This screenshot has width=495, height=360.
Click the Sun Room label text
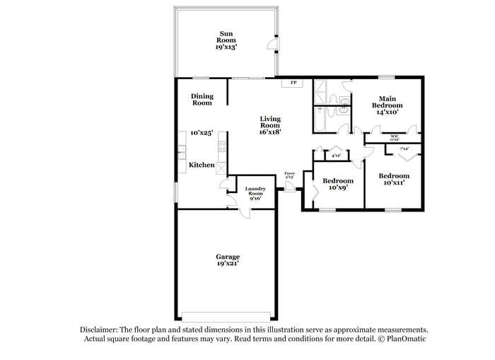point(226,40)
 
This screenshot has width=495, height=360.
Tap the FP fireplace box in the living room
point(292,83)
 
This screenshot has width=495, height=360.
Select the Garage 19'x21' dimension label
point(227,260)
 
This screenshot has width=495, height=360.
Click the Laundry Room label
point(255,192)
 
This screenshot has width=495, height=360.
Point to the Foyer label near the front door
point(289,175)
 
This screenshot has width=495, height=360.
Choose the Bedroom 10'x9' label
point(337,184)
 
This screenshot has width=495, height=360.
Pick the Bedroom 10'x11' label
point(393,180)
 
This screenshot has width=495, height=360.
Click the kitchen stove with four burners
point(222,148)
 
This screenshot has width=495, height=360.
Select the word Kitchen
point(202,165)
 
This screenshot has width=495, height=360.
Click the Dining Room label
point(202,100)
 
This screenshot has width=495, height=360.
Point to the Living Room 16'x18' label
point(270,124)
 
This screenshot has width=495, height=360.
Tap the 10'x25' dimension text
point(202,132)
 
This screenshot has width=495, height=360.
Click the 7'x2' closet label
point(404,149)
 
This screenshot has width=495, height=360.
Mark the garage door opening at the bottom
point(226,315)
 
